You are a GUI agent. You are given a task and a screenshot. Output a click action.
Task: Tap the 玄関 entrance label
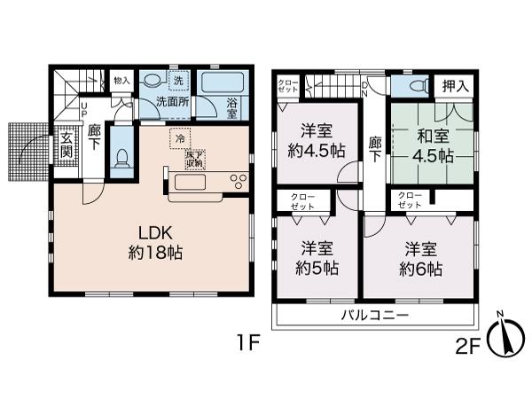pos(66,146)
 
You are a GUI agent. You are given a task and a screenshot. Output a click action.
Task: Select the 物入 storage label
pos(121,81)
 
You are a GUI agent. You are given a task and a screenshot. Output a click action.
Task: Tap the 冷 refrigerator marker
pos(180,138)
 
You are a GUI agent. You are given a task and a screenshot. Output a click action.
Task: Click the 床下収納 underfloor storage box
pos(195,160)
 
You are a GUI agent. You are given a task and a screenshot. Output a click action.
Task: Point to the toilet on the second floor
pos(410,85)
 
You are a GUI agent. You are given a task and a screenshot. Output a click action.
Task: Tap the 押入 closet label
pos(458,85)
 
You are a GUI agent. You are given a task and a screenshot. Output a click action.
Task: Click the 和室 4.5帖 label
pos(432,145)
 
